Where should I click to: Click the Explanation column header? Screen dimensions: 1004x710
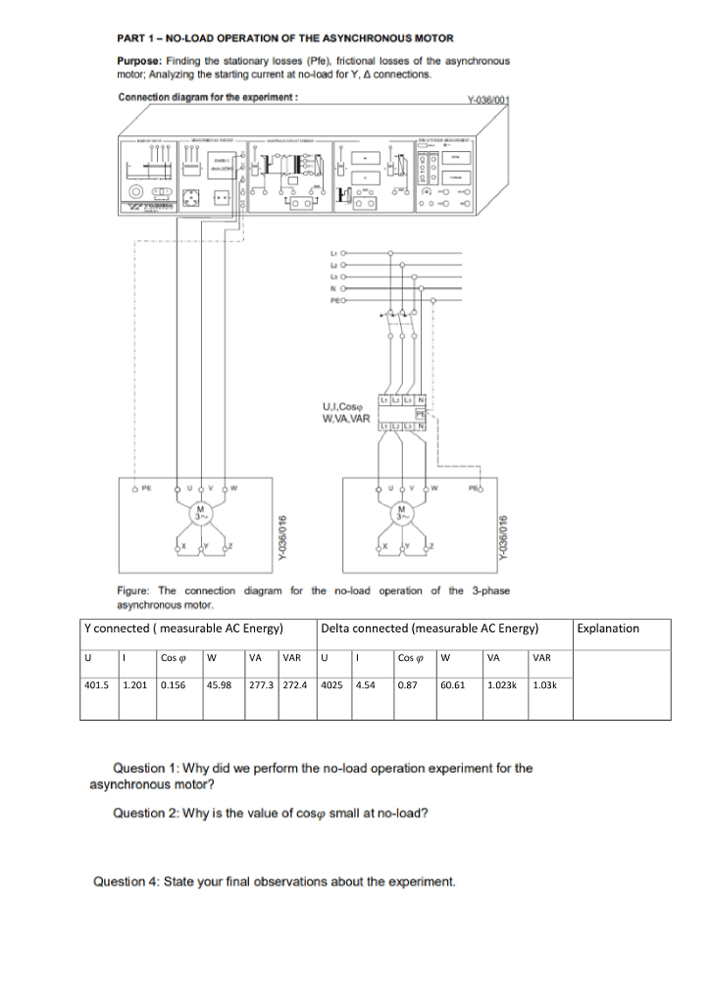pyautogui.click(x=609, y=628)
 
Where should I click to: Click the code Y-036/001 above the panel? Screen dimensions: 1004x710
pyautogui.click(x=490, y=100)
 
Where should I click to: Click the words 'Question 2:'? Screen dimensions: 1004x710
pyautogui.click(x=142, y=813)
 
